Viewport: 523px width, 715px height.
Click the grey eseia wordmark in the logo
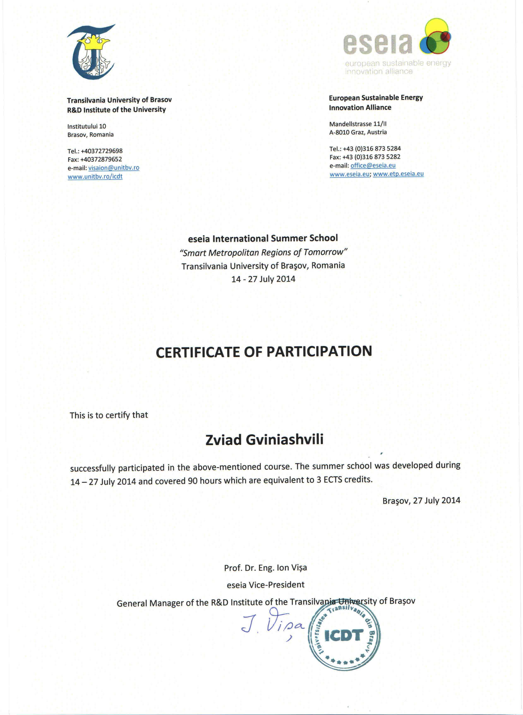[378, 43]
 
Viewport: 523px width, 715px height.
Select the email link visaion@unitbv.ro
[114, 168]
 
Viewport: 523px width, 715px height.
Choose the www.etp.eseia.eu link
[398, 174]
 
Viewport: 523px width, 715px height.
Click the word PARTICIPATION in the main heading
[319, 351]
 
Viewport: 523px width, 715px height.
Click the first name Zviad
[223, 440]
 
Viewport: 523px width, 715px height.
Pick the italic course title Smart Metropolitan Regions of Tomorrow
[263, 253]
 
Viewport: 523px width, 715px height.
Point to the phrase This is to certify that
[109, 415]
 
